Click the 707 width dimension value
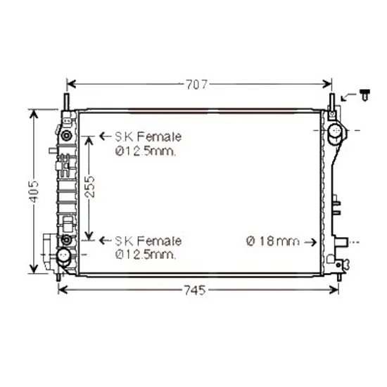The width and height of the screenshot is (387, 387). (x=197, y=84)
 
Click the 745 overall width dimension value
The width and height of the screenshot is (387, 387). (x=195, y=290)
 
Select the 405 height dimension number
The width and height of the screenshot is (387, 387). (x=34, y=191)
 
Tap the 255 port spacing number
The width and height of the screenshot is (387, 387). (x=89, y=186)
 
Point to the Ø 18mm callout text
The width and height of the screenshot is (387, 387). (x=273, y=241)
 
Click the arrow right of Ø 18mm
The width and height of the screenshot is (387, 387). (x=310, y=242)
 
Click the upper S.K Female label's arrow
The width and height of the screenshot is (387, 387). (x=105, y=136)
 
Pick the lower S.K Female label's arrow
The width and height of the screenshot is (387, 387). (x=105, y=240)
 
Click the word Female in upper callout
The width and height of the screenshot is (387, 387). (x=160, y=137)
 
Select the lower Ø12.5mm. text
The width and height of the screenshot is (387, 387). (x=146, y=255)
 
